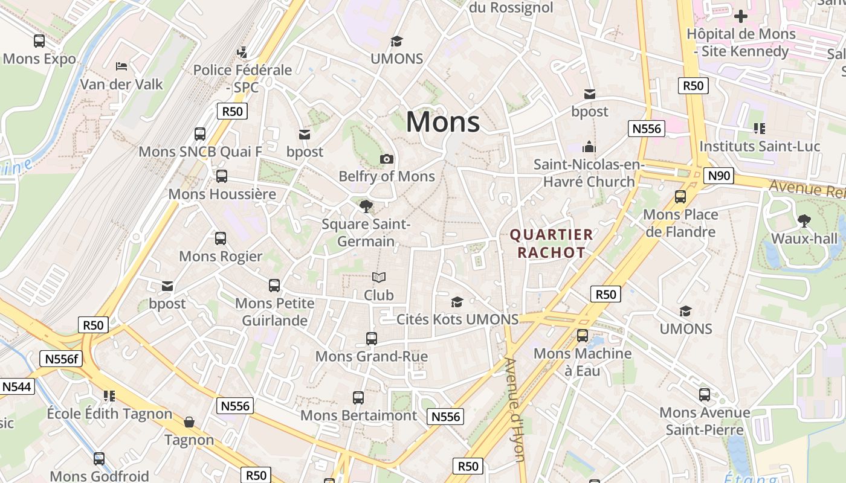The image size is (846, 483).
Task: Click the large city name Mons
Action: [443, 122]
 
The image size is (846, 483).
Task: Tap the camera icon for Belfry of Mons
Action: [387, 159]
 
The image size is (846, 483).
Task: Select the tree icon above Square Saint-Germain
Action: [366, 206]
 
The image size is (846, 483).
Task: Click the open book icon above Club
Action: [379, 278]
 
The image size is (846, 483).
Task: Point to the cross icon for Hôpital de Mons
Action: [741, 16]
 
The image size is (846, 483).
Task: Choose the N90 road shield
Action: [718, 176]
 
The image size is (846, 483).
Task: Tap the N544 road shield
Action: [16, 386]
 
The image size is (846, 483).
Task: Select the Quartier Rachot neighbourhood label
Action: [551, 243]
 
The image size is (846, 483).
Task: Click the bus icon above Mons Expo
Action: [39, 41]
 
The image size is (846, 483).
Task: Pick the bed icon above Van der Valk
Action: [121, 66]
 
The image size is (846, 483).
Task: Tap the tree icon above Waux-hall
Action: [804, 221]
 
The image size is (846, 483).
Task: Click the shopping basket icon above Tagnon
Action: [189, 422]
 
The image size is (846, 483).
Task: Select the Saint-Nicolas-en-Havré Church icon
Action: [589, 147]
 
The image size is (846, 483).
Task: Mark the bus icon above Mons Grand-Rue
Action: [372, 339]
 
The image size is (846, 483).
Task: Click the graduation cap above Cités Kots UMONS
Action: [457, 302]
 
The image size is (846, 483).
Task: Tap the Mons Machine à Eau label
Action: [583, 362]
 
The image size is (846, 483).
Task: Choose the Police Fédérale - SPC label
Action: [242, 78]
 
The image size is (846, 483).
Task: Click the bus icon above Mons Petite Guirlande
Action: [274, 286]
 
